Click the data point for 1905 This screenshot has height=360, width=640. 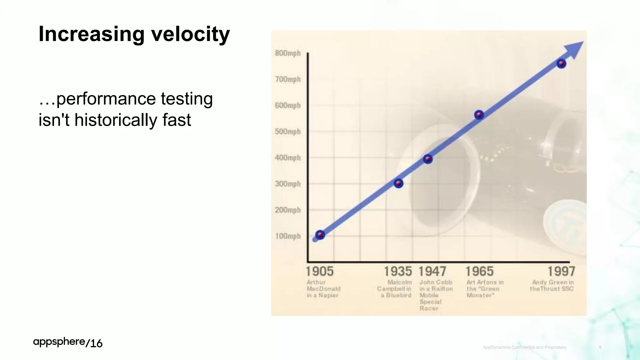320,235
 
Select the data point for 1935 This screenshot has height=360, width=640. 398,183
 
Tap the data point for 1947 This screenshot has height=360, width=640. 428,159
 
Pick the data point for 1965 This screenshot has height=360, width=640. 479,115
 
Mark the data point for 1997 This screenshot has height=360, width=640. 561,64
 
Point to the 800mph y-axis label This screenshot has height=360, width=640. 287,53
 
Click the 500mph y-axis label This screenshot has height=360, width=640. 287,132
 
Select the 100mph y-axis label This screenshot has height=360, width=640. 287,236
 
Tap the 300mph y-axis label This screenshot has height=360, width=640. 287,184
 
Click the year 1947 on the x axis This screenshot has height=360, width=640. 432,271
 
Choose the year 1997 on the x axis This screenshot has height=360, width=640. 561,271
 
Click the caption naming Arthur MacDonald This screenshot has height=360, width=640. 323,289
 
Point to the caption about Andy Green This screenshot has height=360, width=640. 552,286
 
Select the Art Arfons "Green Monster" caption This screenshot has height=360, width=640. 485,289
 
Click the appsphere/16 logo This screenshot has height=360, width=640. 68,342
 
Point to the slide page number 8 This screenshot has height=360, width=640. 600,347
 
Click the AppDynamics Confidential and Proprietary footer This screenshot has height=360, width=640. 524,347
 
